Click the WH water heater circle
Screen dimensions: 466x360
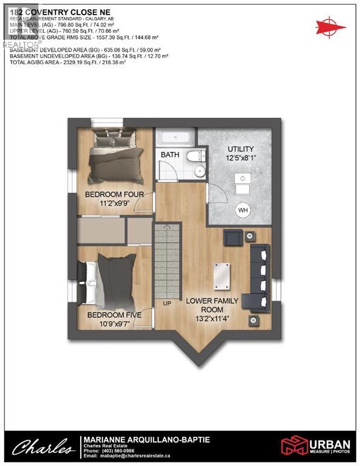(243, 210)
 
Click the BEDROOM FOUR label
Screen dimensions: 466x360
(114, 194)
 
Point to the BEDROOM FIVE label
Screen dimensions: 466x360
(114, 315)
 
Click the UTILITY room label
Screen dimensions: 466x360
(240, 149)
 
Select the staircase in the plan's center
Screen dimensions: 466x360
(168, 261)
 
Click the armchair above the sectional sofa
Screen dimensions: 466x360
(233, 237)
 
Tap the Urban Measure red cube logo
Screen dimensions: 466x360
(293, 446)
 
